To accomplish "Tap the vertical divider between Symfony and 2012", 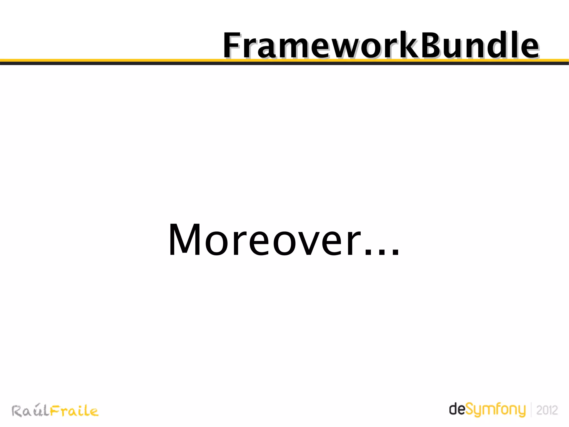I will point(531,410).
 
